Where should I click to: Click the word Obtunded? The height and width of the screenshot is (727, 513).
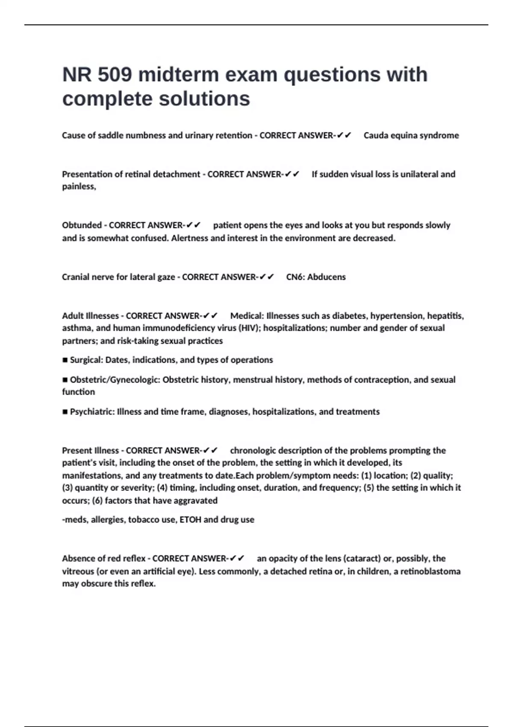pyautogui.click(x=82, y=225)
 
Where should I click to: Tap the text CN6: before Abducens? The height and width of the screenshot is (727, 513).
pyautogui.click(x=295, y=277)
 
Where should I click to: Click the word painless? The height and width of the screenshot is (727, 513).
pyautogui.click(x=79, y=186)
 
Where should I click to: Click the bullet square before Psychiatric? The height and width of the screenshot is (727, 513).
pyautogui.click(x=65, y=412)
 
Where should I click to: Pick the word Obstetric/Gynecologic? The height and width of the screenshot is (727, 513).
pyautogui.click(x=115, y=380)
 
